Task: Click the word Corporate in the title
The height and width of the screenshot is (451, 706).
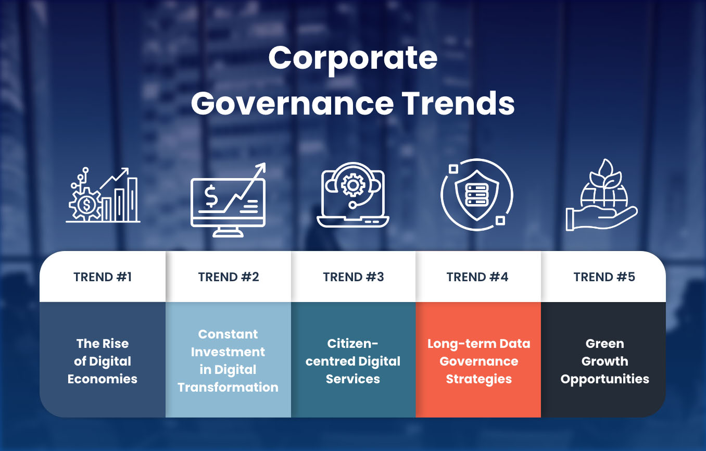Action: click(352, 59)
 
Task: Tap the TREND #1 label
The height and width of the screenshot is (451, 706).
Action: click(103, 277)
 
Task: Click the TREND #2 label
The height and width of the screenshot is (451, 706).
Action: click(229, 277)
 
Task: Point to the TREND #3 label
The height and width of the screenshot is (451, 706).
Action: click(354, 277)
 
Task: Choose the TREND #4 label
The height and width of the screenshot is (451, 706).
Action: click(477, 277)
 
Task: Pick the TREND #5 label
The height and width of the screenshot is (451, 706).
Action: click(604, 277)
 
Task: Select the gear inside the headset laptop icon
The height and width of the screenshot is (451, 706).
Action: click(354, 185)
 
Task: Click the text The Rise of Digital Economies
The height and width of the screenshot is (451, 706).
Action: click(103, 361)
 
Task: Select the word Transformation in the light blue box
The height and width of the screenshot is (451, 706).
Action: click(228, 387)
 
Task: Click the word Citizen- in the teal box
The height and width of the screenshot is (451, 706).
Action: click(353, 344)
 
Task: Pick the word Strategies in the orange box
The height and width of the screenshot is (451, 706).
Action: click(478, 379)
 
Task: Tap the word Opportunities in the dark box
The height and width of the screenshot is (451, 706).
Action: click(604, 379)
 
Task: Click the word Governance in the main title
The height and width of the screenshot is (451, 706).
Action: click(292, 103)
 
